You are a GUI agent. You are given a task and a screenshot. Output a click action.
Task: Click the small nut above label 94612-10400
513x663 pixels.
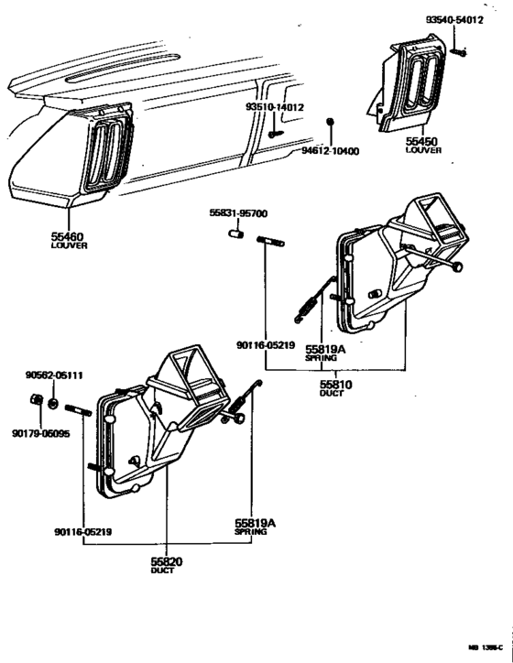pos(332,122)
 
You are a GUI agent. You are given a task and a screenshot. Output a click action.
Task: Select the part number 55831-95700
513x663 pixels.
pos(237,212)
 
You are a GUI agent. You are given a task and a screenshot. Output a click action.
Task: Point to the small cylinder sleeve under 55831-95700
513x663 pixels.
pos(236,241)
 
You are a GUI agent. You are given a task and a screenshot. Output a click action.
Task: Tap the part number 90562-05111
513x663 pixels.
pos(54,375)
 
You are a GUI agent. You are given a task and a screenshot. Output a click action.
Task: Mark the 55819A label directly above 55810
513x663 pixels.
pos(322,349)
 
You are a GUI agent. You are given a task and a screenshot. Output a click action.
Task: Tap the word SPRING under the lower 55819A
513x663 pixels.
pos(250,532)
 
